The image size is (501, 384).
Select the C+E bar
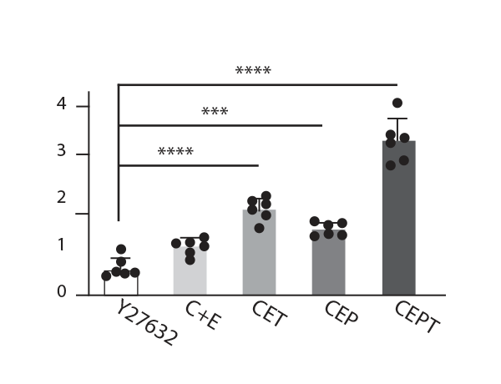[x=190, y=269]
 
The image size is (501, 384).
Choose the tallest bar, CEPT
[x=398, y=218]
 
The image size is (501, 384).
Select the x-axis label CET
[x=269, y=315]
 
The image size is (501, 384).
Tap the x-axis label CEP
[x=340, y=316]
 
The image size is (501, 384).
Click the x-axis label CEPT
[x=415, y=316]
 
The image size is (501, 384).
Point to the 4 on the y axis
[x=61, y=104]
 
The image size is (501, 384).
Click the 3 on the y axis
[x=61, y=151]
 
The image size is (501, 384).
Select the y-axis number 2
[x=61, y=198]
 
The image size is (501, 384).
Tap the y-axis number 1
[x=61, y=245]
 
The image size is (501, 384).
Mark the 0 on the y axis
[x=61, y=291]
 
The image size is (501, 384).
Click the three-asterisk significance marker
[x=215, y=112]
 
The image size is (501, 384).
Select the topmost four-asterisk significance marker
[x=253, y=71]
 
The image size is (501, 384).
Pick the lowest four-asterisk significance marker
[x=175, y=152]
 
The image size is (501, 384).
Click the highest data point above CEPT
[x=397, y=103]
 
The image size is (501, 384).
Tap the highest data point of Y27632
[x=121, y=250]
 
